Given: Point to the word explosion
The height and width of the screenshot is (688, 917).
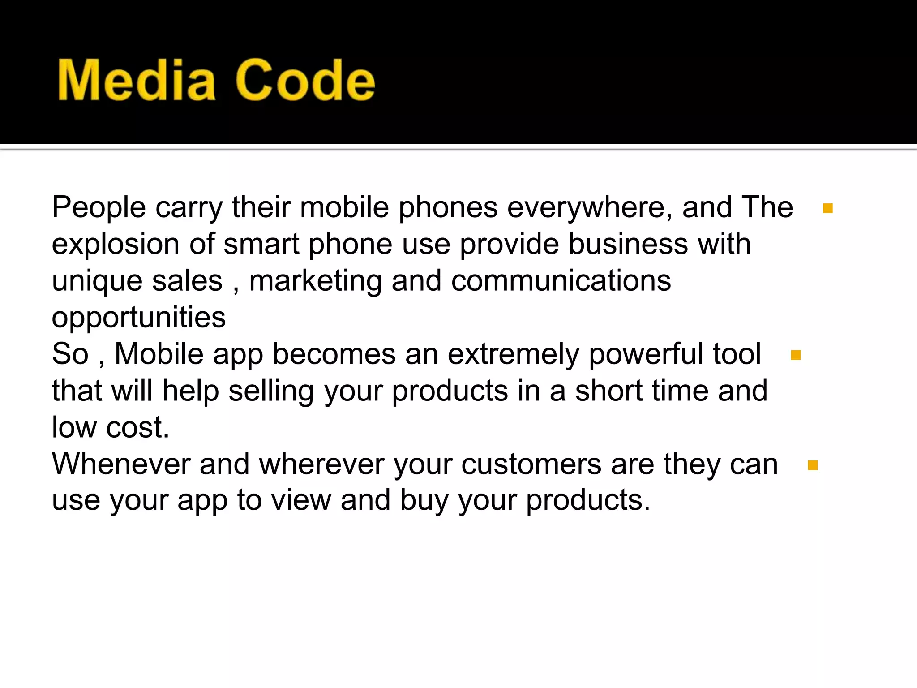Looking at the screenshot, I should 116,245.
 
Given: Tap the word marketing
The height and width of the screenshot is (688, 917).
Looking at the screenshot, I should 315,281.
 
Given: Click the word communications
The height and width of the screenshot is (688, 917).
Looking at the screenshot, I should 561,281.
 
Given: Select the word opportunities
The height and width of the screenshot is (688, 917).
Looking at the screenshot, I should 138,318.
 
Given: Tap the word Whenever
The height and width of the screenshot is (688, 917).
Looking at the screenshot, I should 121,464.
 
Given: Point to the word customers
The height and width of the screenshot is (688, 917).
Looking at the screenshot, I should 531,464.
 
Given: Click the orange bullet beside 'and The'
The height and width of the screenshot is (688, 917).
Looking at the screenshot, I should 827,208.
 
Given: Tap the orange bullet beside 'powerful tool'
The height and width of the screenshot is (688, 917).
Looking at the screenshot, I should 796,355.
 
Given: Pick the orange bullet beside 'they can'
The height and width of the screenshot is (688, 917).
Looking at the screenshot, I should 813,465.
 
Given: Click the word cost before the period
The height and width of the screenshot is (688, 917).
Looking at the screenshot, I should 134,428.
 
